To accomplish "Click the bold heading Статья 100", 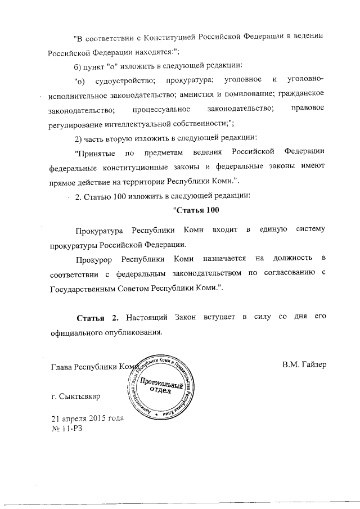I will tap(193, 211).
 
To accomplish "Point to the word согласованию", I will tap(287, 273).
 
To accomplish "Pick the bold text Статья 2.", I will tap(97, 318).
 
